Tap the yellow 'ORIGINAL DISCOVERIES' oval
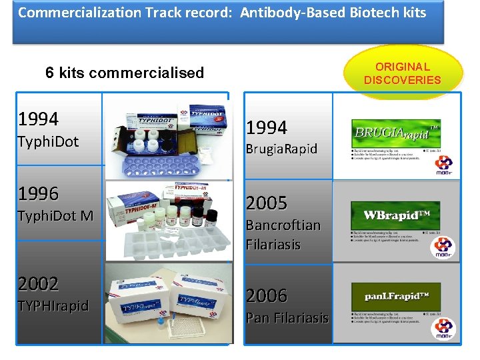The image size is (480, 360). point(402,73)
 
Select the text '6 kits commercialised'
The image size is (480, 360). point(125,73)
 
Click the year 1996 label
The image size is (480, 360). point(39,194)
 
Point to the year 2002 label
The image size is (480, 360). point(39,284)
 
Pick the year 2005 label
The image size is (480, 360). point(267,203)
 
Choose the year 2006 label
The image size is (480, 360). point(267,295)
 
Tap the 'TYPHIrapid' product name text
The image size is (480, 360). point(53,306)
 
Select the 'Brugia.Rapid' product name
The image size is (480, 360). point(282,149)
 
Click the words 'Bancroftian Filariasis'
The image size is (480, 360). point(283,235)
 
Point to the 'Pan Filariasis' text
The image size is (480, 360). point(287,318)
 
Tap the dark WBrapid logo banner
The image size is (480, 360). point(396,215)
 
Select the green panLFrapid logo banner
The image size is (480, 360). point(396,296)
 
